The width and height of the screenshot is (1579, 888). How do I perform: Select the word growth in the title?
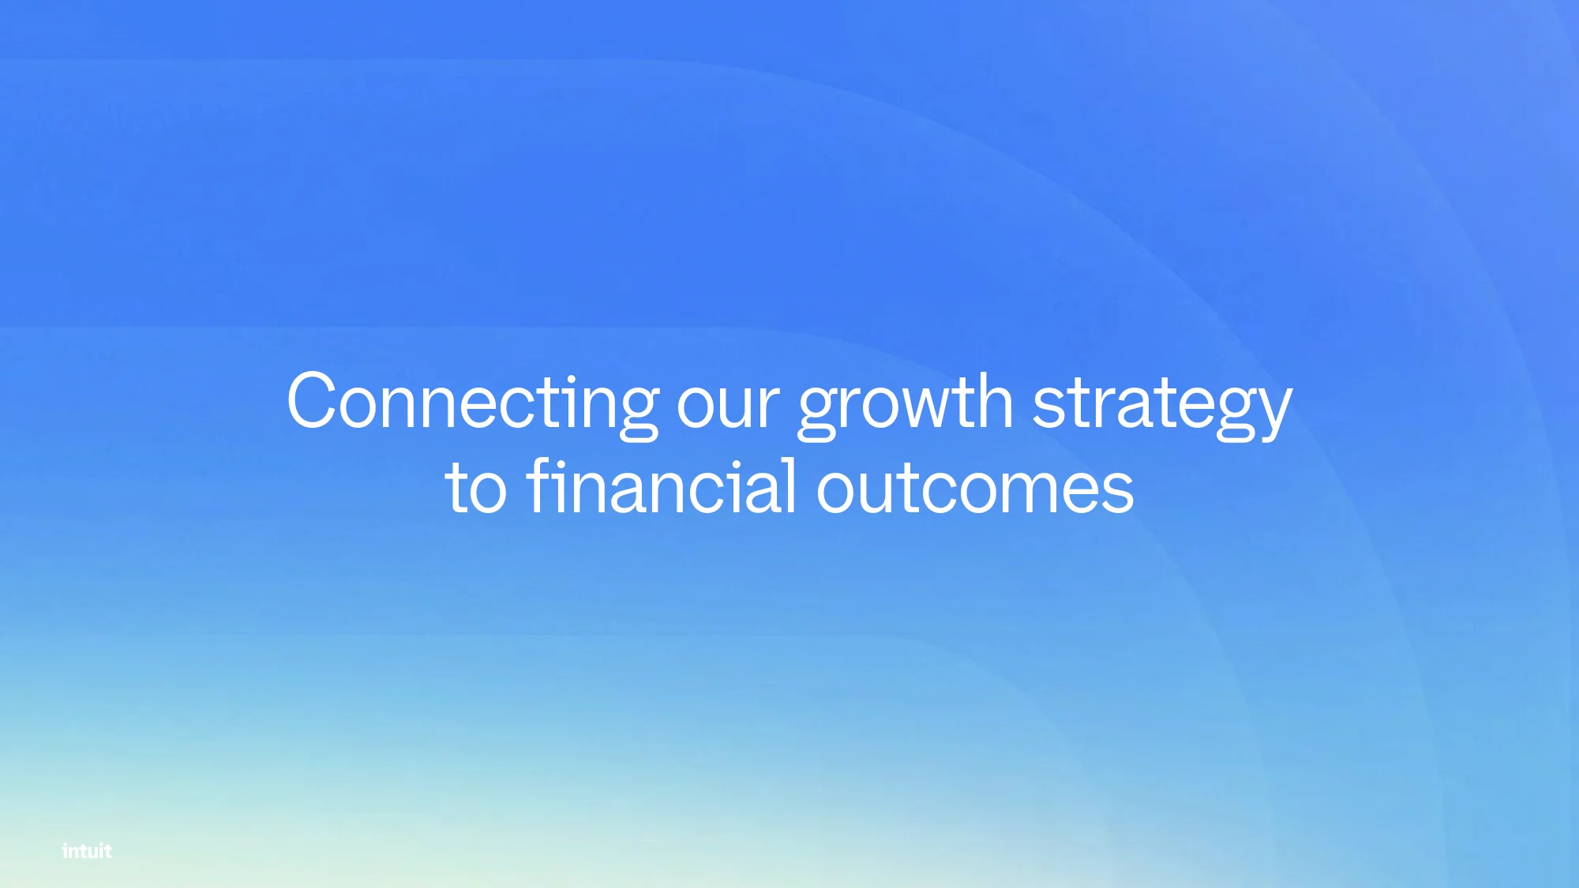click(906, 404)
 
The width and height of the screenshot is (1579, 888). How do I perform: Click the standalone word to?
click(476, 487)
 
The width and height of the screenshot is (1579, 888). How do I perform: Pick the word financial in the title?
click(662, 485)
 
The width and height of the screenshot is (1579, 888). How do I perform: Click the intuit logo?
click(87, 850)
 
